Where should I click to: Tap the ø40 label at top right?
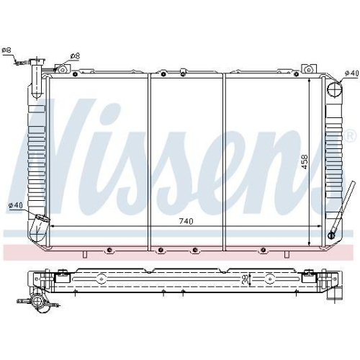351,73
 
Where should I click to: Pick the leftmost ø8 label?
6,50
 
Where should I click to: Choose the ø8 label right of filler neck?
75,55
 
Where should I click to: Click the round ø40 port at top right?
333,89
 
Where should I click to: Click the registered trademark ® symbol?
350,136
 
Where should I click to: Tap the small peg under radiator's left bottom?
85,254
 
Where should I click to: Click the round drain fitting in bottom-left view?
38,303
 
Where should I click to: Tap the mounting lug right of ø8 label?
62,69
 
